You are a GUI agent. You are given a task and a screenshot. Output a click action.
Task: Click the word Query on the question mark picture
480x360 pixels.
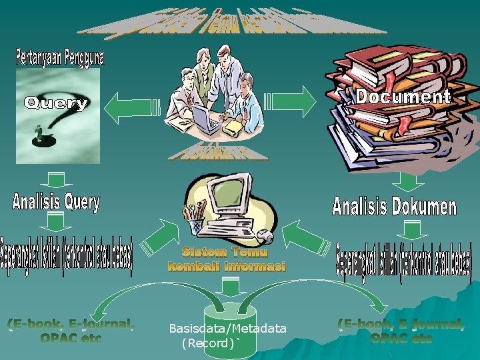click(x=57, y=103)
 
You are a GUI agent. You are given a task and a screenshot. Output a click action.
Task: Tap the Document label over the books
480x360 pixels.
click(x=403, y=97)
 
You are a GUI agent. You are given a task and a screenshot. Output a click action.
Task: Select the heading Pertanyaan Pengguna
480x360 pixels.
click(x=59, y=57)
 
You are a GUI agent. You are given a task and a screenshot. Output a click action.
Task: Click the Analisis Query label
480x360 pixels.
click(x=56, y=202)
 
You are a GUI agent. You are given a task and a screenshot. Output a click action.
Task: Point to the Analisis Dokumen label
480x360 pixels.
click(x=394, y=206)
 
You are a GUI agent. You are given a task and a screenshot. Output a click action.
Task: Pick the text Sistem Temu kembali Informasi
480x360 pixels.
click(x=227, y=259)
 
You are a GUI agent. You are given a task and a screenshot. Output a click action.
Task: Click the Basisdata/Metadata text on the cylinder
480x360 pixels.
click(x=228, y=328)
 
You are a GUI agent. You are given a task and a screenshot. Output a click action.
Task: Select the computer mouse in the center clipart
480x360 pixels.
click(x=265, y=235)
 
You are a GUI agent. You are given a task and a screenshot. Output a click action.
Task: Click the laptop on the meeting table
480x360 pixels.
click(x=206, y=119)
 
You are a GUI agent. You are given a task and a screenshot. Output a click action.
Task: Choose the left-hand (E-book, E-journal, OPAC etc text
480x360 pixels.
click(x=71, y=331)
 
